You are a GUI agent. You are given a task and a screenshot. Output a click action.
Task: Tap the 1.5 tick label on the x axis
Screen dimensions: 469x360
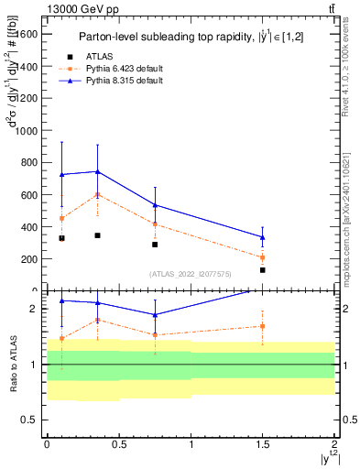coord(263,443)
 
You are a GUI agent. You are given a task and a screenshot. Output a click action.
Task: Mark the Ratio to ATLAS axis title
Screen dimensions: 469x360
coord(12,364)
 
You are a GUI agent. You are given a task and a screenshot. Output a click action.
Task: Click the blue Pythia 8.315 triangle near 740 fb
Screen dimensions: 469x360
coord(97,171)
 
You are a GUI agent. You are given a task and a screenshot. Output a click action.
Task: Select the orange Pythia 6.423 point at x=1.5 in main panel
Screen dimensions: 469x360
coord(263,257)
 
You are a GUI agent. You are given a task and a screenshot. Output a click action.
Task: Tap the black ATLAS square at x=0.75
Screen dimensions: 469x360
coord(155,245)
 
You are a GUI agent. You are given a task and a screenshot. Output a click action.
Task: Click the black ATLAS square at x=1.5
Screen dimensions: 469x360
coord(263,270)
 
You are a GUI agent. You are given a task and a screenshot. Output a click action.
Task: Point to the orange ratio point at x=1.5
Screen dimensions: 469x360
coord(263,326)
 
